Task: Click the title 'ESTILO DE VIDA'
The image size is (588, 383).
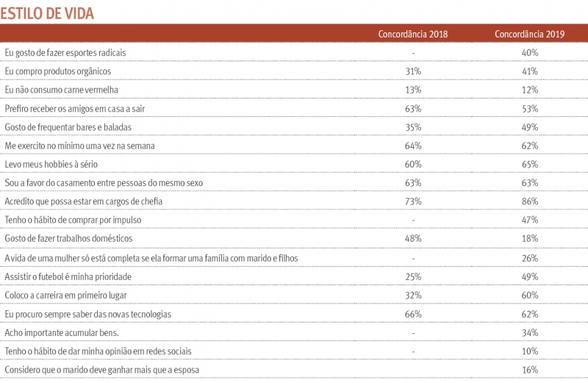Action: coord(47,13)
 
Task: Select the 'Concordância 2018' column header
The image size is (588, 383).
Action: coord(412,35)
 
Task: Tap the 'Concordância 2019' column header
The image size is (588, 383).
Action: coord(530,35)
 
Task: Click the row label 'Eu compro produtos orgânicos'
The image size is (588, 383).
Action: coord(58,71)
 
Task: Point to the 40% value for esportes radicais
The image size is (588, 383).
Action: coord(530,53)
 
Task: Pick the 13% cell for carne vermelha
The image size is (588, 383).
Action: coord(413,90)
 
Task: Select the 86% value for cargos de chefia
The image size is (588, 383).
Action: coord(530,201)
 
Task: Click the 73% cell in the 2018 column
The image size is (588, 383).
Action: coord(413,201)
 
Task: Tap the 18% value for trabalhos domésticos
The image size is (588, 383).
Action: coord(530,239)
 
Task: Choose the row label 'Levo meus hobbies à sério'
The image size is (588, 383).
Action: coord(51,165)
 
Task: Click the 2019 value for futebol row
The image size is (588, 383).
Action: coord(530,276)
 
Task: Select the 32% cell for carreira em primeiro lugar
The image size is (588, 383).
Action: coord(413,295)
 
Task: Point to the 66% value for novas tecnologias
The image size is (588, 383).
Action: coord(413,314)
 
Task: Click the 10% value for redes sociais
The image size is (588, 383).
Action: coord(530,351)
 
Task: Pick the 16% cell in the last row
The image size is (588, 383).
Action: coord(530,370)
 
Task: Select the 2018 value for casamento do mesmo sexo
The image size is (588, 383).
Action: coord(413,183)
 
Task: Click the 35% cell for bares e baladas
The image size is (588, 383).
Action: coord(413,127)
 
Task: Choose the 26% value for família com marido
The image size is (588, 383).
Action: coord(530,258)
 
